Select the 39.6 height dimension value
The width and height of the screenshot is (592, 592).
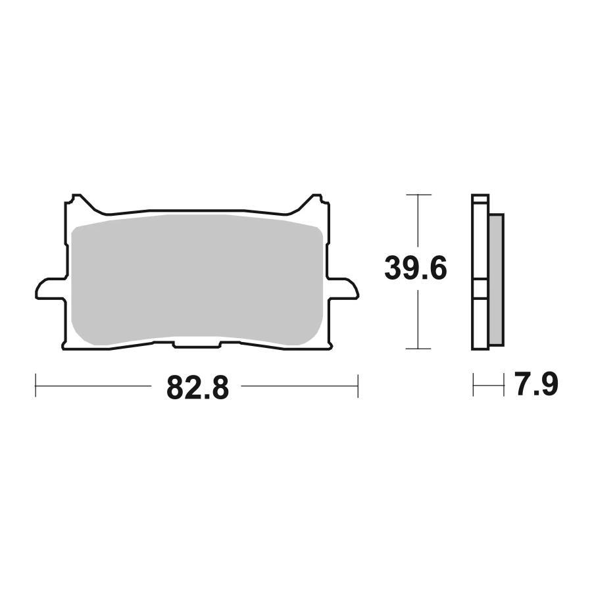click(416, 270)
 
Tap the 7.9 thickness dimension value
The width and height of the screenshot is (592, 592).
click(536, 385)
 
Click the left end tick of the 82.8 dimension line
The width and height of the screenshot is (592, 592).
click(35, 385)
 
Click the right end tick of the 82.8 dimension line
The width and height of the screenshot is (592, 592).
click(357, 385)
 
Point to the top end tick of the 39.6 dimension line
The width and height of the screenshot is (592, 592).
click(418, 195)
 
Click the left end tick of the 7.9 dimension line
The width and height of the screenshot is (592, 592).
click(473, 385)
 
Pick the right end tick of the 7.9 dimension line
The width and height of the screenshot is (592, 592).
click(503, 385)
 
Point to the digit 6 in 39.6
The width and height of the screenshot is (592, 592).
click(437, 270)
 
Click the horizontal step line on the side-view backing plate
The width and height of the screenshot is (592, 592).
click(480, 298)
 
